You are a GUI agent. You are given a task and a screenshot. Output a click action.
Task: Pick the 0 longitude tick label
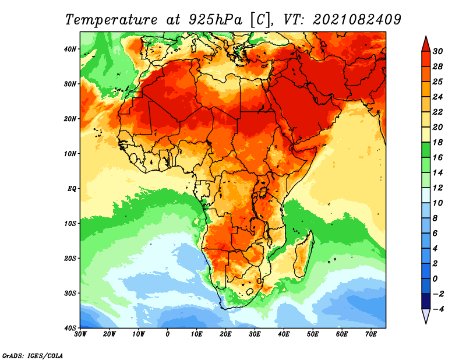(168, 334)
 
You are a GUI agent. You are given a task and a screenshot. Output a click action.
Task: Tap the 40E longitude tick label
(284, 334)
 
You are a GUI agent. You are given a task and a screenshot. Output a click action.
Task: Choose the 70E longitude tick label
(371, 334)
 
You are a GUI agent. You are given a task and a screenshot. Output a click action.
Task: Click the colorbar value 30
(438, 51)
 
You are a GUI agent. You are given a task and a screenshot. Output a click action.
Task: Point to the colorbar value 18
(438, 142)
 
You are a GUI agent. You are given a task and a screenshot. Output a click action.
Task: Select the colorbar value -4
(438, 309)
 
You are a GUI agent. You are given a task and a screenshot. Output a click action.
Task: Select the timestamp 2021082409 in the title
(356, 19)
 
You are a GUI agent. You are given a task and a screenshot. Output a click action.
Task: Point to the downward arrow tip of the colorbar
(426, 320)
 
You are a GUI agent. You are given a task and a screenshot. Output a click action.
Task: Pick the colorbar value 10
(438, 203)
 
